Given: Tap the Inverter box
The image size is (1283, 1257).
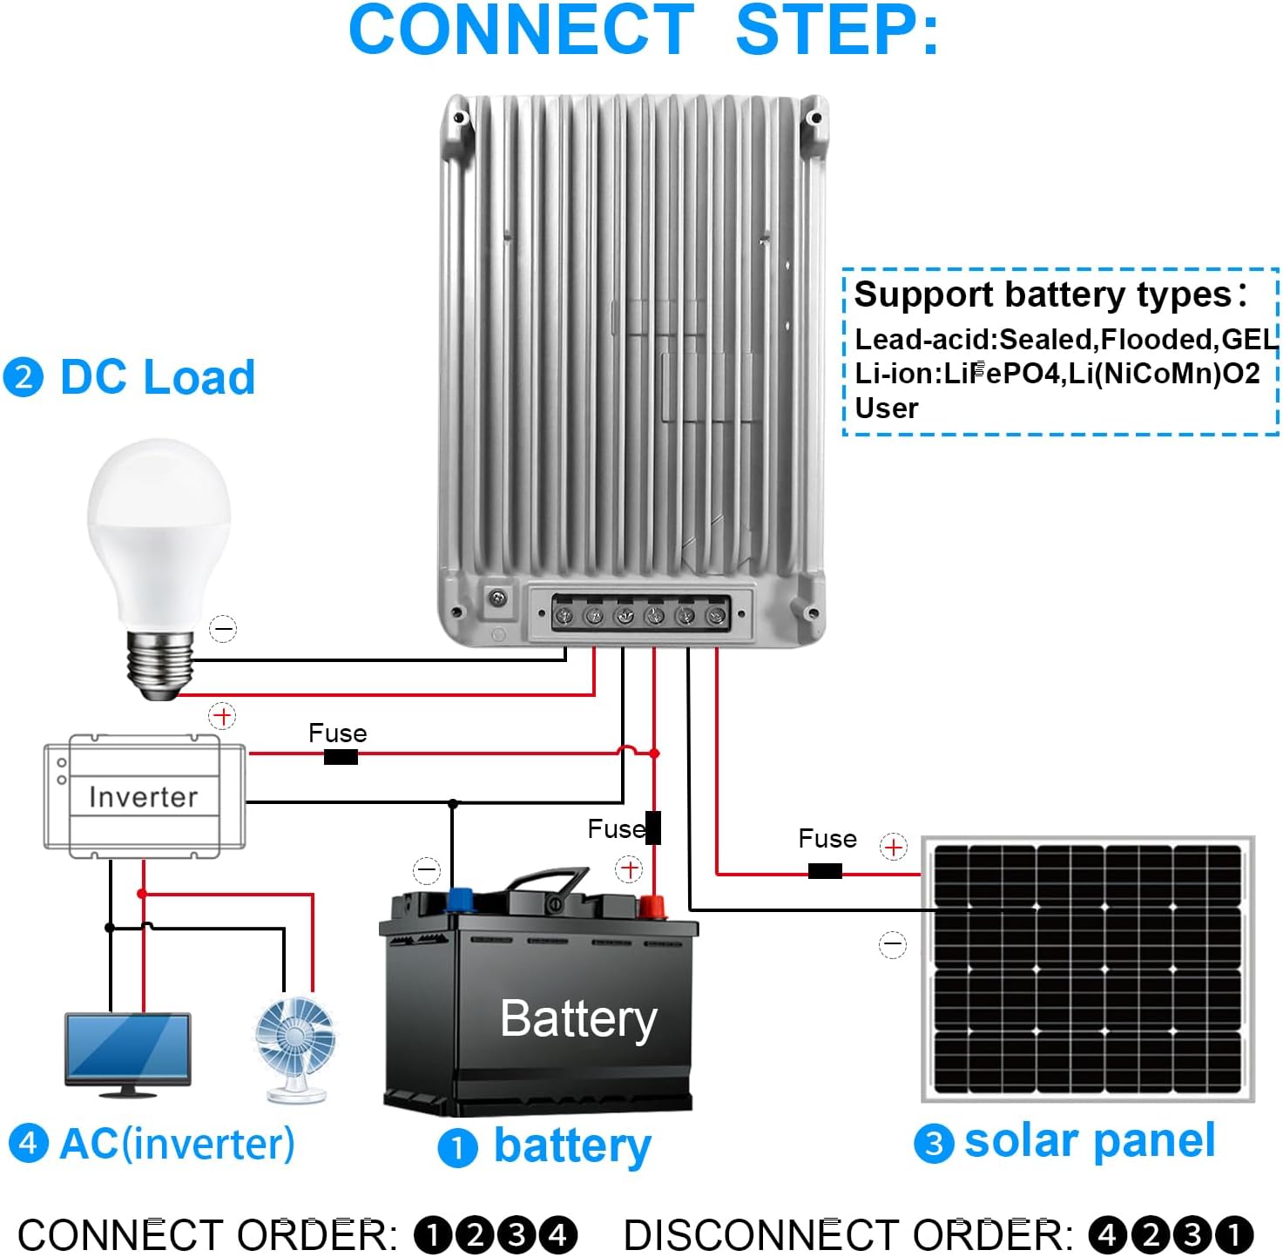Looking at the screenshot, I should tap(144, 796).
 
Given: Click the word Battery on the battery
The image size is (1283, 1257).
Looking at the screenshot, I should tap(578, 1018).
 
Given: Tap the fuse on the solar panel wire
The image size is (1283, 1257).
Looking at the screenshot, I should tap(825, 871).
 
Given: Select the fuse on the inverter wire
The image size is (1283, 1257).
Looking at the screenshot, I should tap(341, 757).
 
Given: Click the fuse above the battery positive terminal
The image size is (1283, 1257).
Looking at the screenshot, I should tap(653, 828).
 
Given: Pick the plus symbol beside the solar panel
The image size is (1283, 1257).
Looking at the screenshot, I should tap(893, 847).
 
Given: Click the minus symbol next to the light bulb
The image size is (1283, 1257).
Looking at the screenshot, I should tap(223, 629).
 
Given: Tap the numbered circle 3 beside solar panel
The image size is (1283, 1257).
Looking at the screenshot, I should tap(934, 1143).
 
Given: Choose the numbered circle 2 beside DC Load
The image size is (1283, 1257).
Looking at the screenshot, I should tap(24, 378).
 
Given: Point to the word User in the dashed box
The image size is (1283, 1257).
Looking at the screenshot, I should tap(886, 409).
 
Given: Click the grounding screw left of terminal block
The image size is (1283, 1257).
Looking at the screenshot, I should tap(498, 598).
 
